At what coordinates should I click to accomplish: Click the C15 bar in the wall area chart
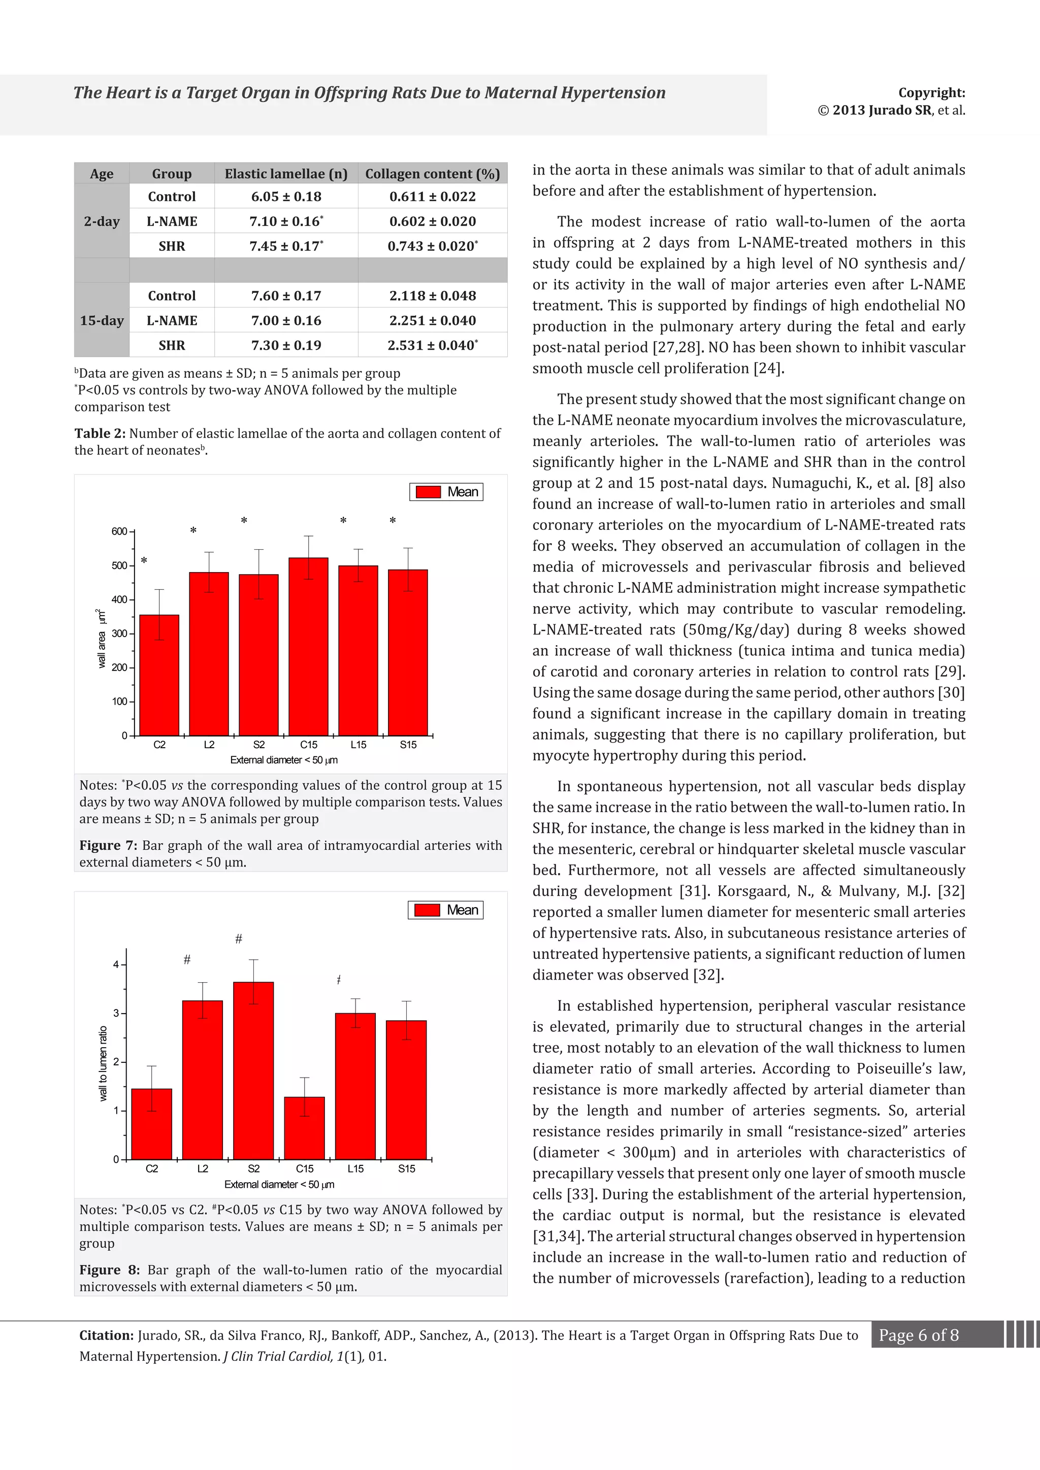(x=308, y=647)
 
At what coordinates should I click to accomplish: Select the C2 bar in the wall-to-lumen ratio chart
(x=152, y=1124)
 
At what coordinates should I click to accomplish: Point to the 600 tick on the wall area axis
(x=119, y=531)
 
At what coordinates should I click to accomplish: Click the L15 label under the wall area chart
(x=358, y=745)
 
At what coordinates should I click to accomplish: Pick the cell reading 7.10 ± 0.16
(x=285, y=221)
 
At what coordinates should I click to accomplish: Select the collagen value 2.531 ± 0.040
(x=432, y=345)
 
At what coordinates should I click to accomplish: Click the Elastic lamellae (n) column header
(x=285, y=174)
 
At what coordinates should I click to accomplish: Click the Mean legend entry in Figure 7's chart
(x=446, y=492)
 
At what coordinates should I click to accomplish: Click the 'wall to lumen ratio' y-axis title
(x=103, y=1063)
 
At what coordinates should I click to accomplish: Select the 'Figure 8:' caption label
(x=108, y=1269)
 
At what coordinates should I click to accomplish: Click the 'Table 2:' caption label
(x=100, y=433)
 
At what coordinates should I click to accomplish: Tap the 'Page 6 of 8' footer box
(x=918, y=1335)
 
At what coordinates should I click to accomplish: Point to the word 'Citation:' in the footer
(x=106, y=1335)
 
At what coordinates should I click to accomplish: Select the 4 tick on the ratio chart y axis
(x=116, y=964)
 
